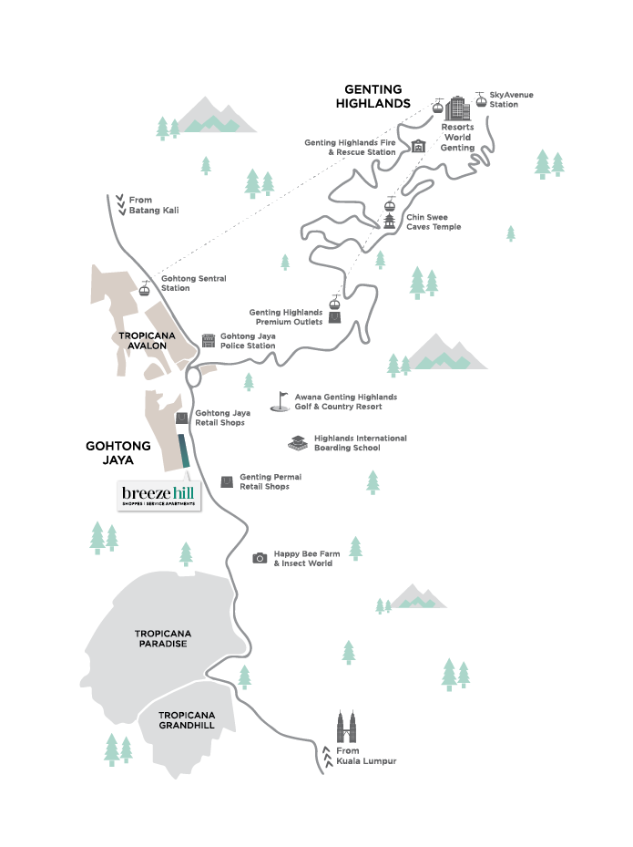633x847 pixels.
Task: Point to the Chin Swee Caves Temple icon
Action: point(390,222)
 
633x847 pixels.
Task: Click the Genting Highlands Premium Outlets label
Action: point(286,316)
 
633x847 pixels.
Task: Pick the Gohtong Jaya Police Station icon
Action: point(209,340)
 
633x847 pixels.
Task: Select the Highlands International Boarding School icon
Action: point(298,443)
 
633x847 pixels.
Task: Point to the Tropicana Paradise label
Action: point(161,638)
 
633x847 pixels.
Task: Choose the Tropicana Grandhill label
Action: point(186,720)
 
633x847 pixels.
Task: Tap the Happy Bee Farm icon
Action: point(260,558)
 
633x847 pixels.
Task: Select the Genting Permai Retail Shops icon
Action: point(227,481)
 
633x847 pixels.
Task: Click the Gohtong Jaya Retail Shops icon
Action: point(182,418)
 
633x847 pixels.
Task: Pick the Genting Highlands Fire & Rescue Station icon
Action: point(418,147)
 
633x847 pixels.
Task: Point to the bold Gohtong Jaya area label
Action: point(109,453)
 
